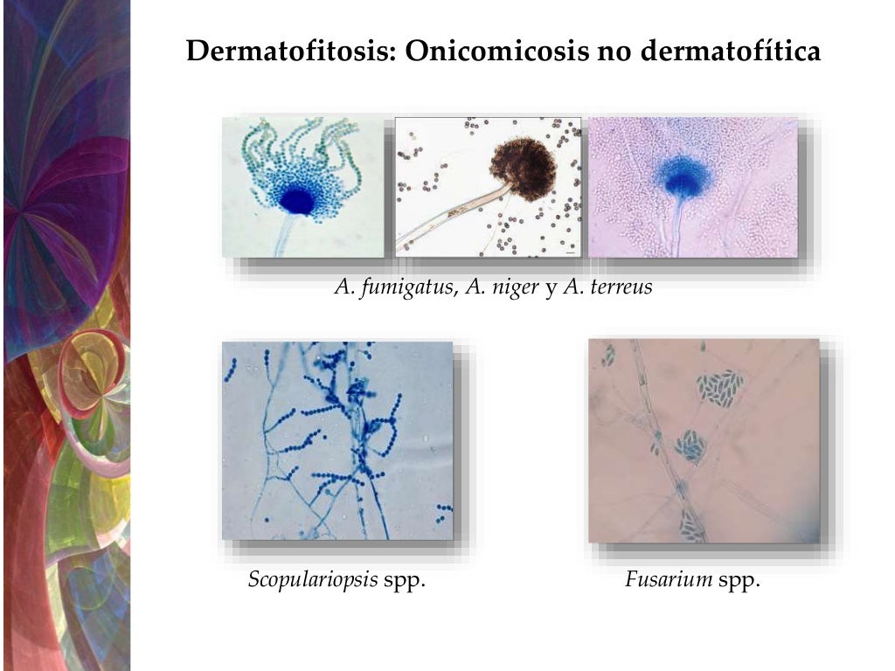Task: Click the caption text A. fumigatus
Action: (392, 287)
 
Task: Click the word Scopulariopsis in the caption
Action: (313, 579)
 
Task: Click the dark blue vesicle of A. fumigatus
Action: (298, 200)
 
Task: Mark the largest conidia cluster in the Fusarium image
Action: (720, 384)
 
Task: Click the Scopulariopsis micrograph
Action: (337, 440)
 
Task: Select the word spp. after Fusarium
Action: (739, 579)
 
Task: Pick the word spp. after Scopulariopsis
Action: (404, 579)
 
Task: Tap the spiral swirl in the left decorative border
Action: (92, 367)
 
